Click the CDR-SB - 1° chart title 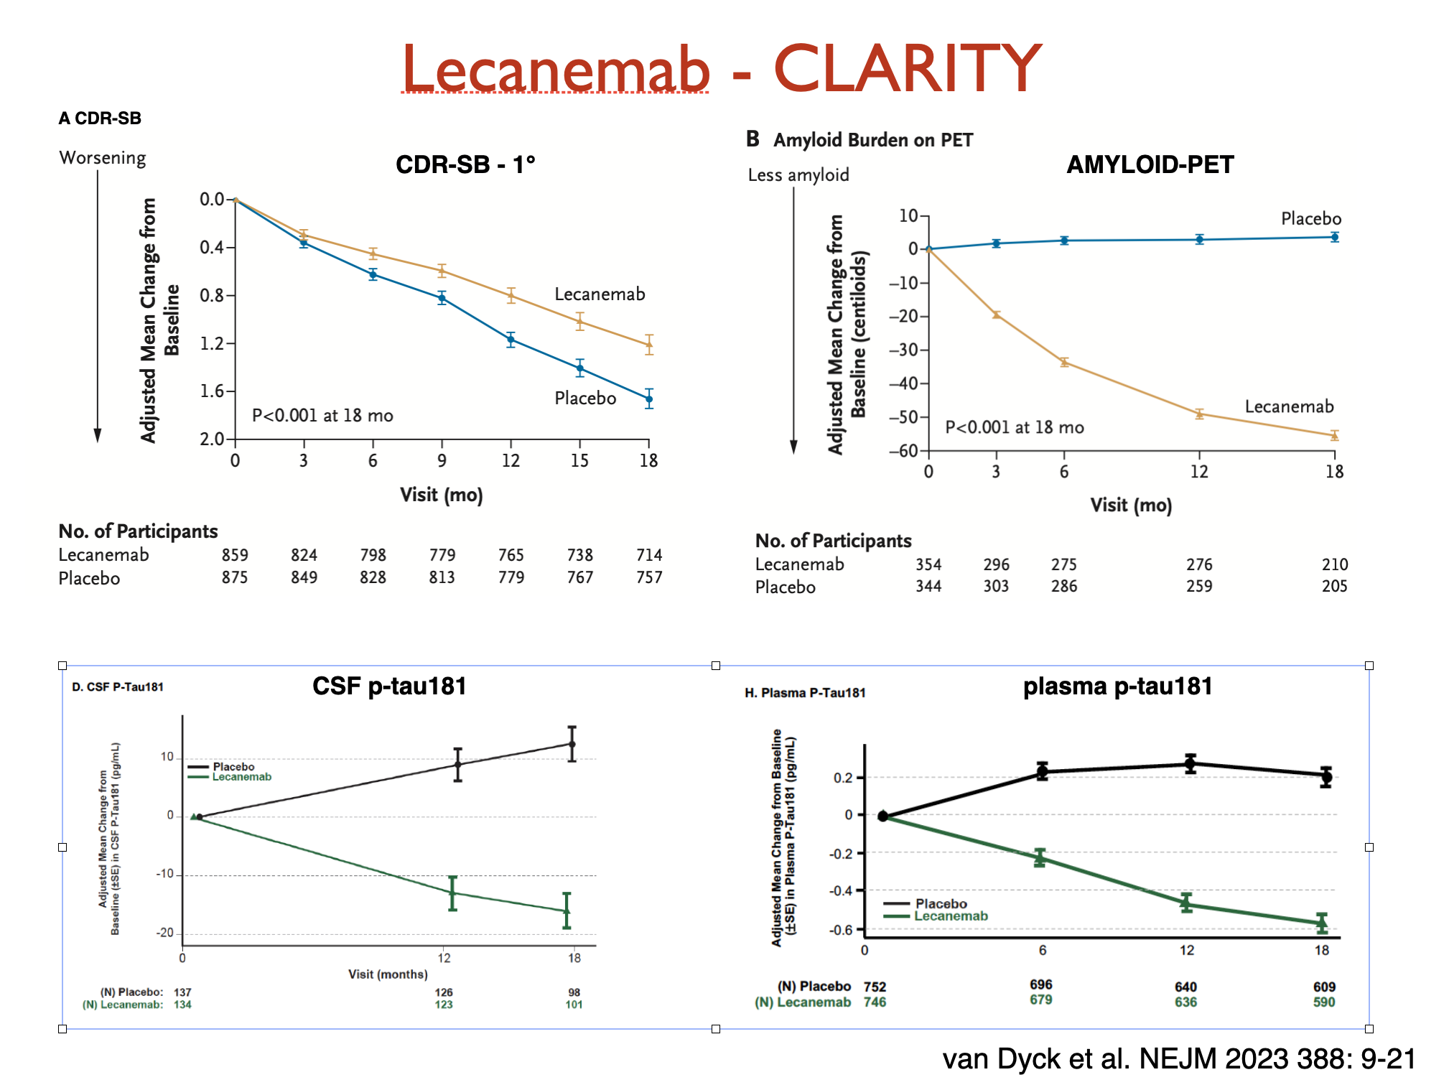[465, 164]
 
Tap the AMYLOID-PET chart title [1150, 164]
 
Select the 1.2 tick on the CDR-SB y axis [212, 343]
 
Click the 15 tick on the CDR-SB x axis [579, 460]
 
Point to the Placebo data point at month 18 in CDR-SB [649, 399]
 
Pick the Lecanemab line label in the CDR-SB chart [600, 294]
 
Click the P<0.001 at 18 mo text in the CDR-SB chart [322, 415]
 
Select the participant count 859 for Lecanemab [235, 555]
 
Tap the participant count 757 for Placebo [649, 577]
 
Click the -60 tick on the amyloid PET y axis [903, 451]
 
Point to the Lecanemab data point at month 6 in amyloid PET [1064, 363]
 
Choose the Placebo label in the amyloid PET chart [1310, 218]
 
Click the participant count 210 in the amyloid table [1334, 564]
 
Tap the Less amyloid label [798, 175]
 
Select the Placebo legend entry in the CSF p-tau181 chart [233, 766]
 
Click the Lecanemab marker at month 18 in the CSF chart [567, 911]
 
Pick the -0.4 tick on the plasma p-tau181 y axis [841, 890]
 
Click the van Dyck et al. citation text [1178, 1058]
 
